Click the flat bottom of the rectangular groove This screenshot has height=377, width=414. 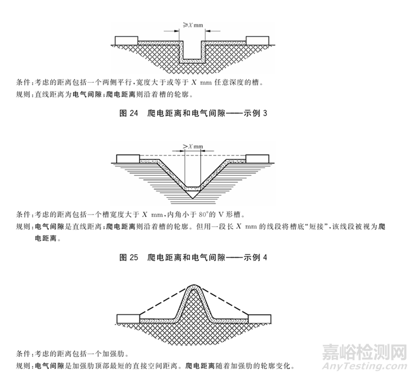pos(194,60)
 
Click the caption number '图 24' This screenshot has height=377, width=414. pos(130,114)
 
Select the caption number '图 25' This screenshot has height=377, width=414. pos(130,257)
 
